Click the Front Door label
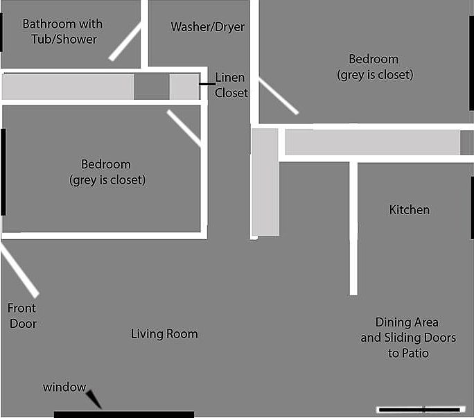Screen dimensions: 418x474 (x=23, y=315)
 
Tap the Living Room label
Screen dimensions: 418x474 (x=164, y=334)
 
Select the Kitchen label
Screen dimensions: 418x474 (x=409, y=209)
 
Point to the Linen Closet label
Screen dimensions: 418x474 (x=231, y=85)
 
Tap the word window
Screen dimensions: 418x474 (x=64, y=387)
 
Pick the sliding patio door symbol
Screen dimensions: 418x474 (x=421, y=409)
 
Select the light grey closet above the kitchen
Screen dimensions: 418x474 (x=372, y=142)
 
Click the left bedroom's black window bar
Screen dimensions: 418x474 (x=3, y=172)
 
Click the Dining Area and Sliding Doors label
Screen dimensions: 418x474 (x=407, y=338)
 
